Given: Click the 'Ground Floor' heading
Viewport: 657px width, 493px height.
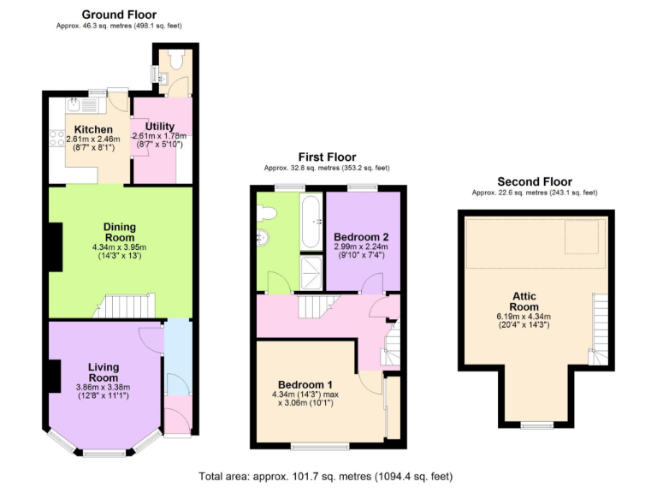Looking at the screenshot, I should [119, 15].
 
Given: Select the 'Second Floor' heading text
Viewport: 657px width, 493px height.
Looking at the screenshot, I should [535, 181].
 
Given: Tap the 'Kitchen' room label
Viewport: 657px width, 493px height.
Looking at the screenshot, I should [93, 129].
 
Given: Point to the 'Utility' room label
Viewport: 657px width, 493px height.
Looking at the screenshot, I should [159, 126].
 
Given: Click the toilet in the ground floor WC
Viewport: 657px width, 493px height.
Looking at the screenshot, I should [176, 60].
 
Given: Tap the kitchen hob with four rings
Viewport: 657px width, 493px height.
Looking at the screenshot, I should [56, 136].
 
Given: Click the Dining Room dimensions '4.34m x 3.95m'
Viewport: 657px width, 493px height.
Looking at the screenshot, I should [121, 248].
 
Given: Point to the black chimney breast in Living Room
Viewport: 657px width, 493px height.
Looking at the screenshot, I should [54, 373].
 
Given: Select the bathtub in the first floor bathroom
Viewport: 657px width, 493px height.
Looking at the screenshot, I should [310, 221].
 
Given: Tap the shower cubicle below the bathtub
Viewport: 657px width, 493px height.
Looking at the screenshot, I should [310, 272].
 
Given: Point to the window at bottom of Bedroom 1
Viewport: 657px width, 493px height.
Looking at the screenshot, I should [319, 446].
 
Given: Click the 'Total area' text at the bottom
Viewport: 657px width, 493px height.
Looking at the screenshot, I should [326, 476].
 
